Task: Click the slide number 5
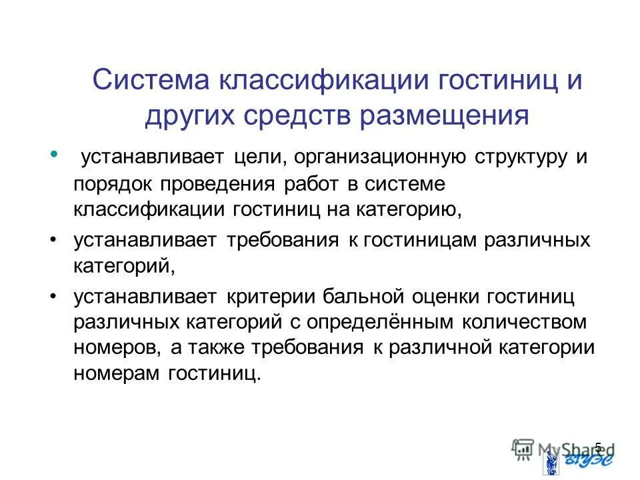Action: pos(597,446)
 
